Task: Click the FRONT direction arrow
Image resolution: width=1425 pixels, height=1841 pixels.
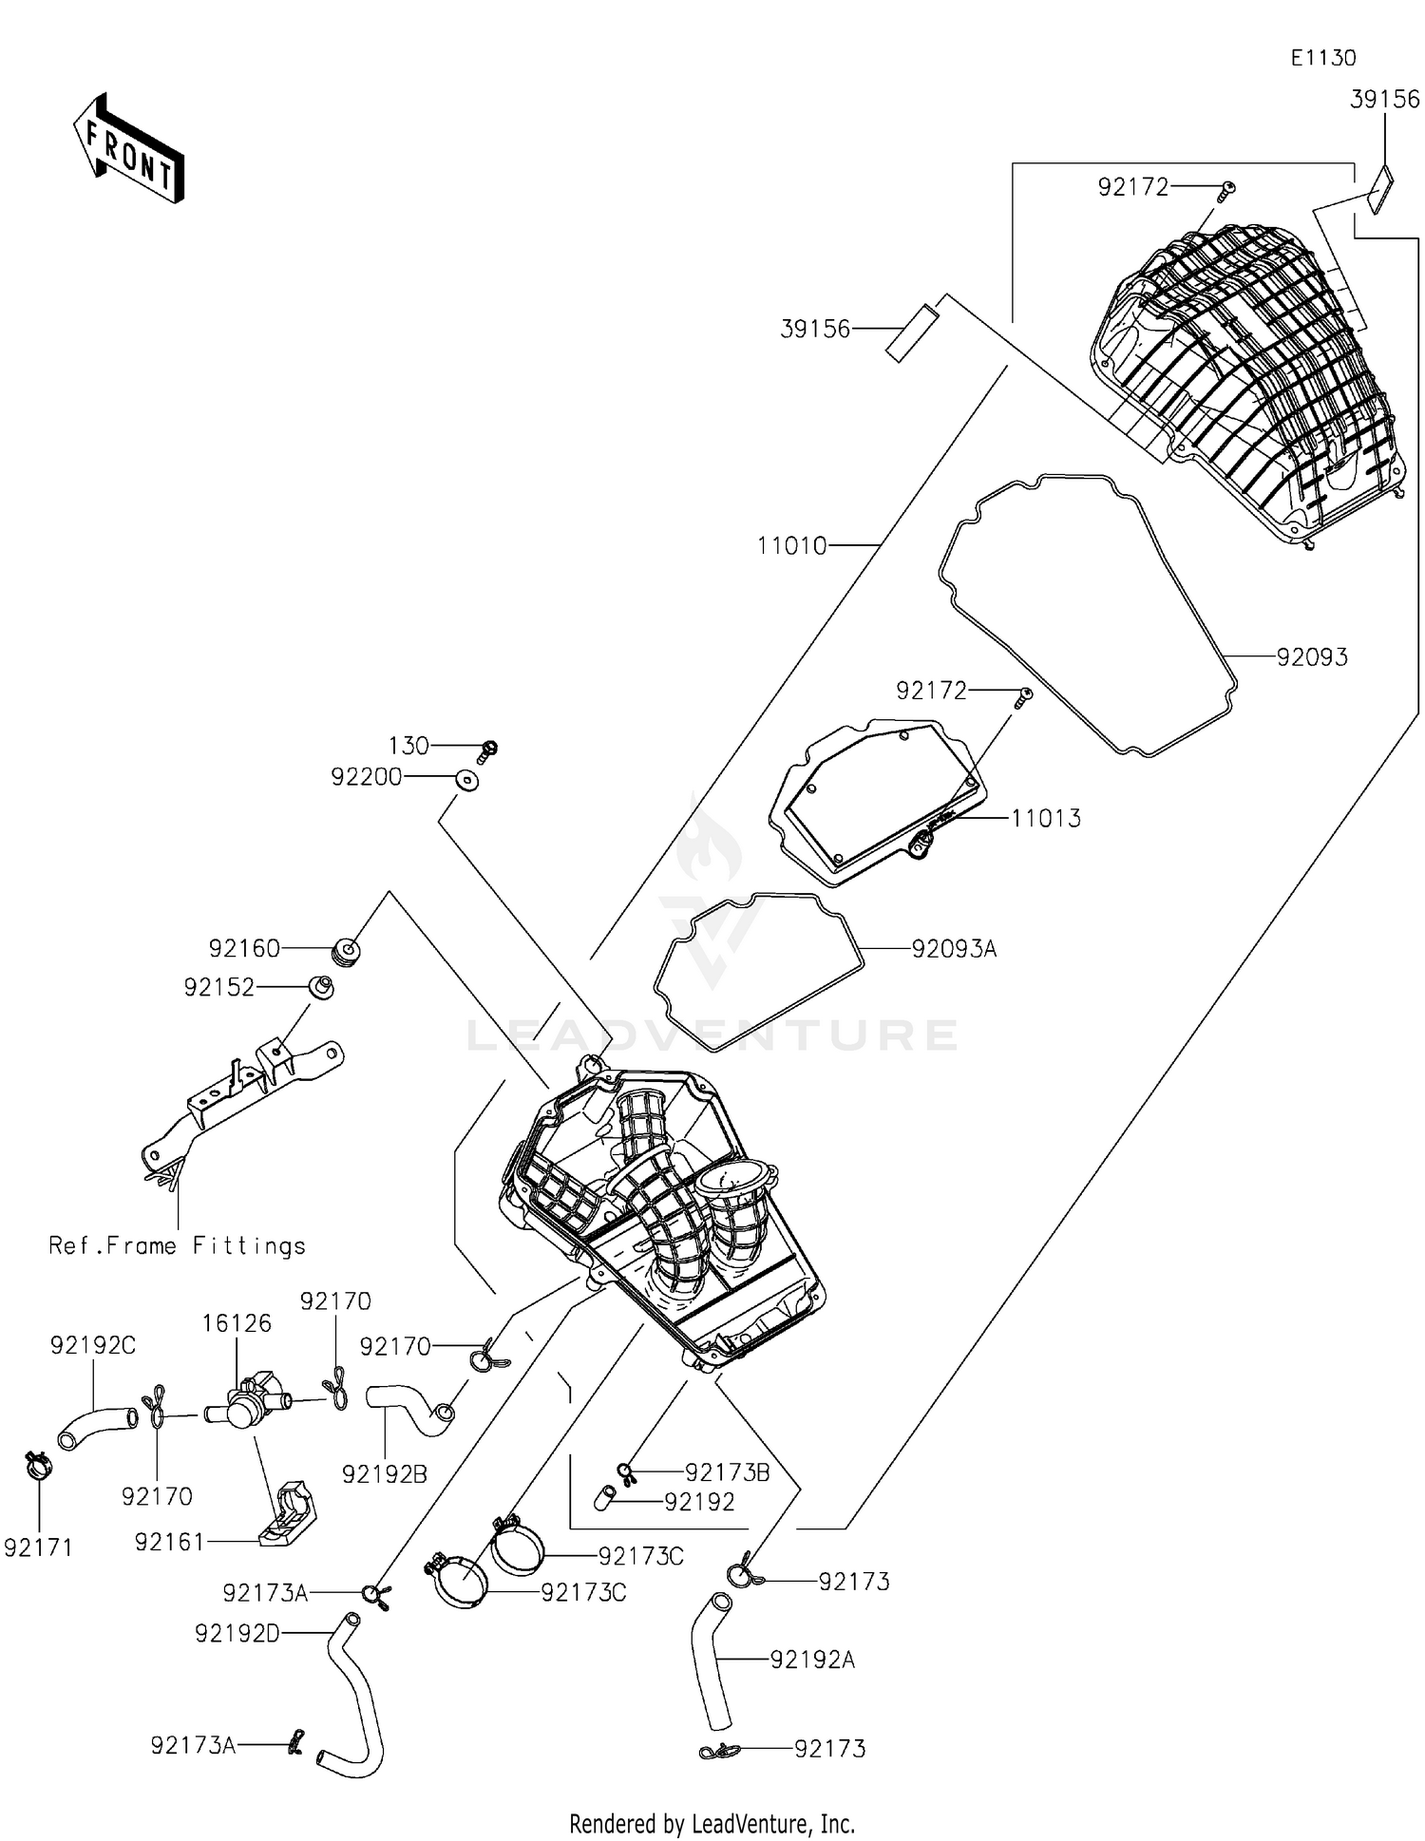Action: [129, 150]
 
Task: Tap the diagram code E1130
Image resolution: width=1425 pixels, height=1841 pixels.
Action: [1322, 58]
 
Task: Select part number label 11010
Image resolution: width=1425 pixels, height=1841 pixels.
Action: [791, 546]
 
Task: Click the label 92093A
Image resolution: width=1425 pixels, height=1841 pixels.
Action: [954, 949]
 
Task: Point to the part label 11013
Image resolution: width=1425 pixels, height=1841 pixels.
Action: [1045, 819]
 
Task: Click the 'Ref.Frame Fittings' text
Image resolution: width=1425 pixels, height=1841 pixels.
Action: [178, 1246]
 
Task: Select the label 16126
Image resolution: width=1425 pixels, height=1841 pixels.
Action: [237, 1323]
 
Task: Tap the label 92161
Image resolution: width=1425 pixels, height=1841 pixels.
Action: [169, 1543]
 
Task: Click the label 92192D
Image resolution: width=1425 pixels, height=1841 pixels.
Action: [237, 1633]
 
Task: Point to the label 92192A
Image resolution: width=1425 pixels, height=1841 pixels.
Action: [812, 1660]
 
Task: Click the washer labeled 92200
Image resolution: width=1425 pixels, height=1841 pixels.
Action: [465, 780]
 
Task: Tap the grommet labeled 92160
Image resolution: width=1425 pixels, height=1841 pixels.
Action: [346, 951]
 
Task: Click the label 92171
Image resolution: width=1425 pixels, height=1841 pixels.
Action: [38, 1548]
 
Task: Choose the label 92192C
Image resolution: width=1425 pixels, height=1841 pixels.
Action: [93, 1345]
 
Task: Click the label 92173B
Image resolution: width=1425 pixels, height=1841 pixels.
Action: [727, 1472]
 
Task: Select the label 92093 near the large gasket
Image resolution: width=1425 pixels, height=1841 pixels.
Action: [1311, 657]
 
